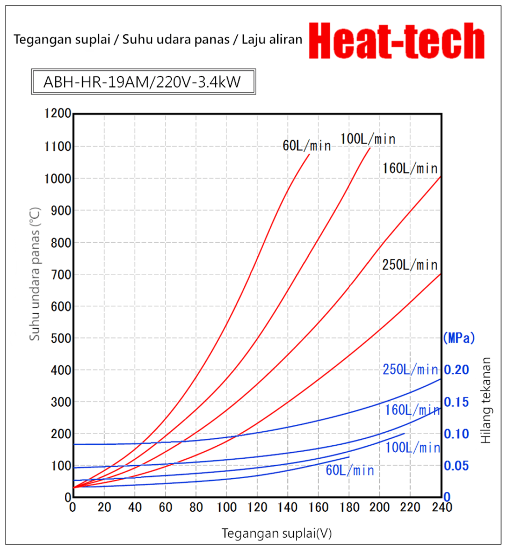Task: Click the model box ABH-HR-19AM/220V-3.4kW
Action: [141, 83]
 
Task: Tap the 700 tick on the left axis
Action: [61, 274]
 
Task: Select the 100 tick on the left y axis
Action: [61, 466]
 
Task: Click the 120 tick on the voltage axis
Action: [257, 508]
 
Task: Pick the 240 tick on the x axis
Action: [441, 508]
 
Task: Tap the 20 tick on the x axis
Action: [104, 508]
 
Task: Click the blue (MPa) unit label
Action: [459, 338]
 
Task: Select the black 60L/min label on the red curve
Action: [307, 146]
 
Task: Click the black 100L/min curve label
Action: [367, 139]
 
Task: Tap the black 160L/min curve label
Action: [410, 168]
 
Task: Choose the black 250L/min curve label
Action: [410, 265]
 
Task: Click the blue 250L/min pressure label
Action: [410, 370]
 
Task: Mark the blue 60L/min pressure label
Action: [349, 471]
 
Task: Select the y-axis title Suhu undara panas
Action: [35, 274]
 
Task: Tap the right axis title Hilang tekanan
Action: [486, 401]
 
